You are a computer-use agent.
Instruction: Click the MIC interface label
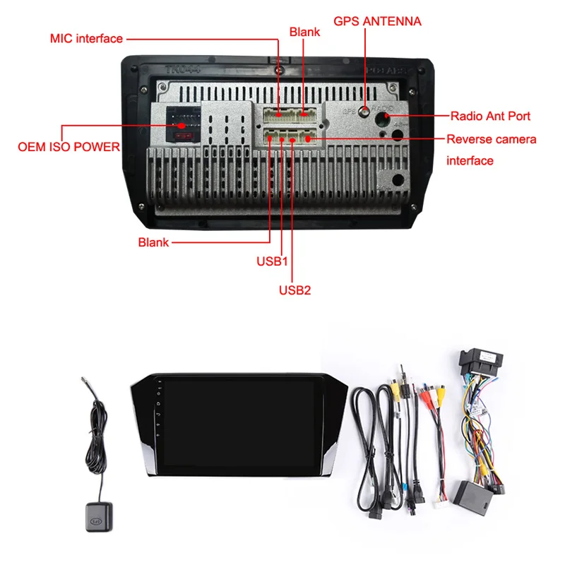pos(86,38)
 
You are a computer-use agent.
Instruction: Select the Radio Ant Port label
pos(489,116)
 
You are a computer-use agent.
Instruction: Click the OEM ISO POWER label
pos(69,148)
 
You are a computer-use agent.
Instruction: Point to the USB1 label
pos(273,261)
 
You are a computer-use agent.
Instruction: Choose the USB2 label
pos(295,289)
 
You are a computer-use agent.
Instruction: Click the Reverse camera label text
pos(491,139)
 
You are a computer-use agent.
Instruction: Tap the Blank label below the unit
pos(153,242)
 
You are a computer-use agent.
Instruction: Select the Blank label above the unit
pos(304,32)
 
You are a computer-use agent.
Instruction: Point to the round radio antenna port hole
pos(387,115)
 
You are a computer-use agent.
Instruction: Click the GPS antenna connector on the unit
pos(364,111)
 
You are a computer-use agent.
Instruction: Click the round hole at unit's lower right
pos(397,180)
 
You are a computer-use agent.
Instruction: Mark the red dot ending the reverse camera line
pos(309,139)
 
